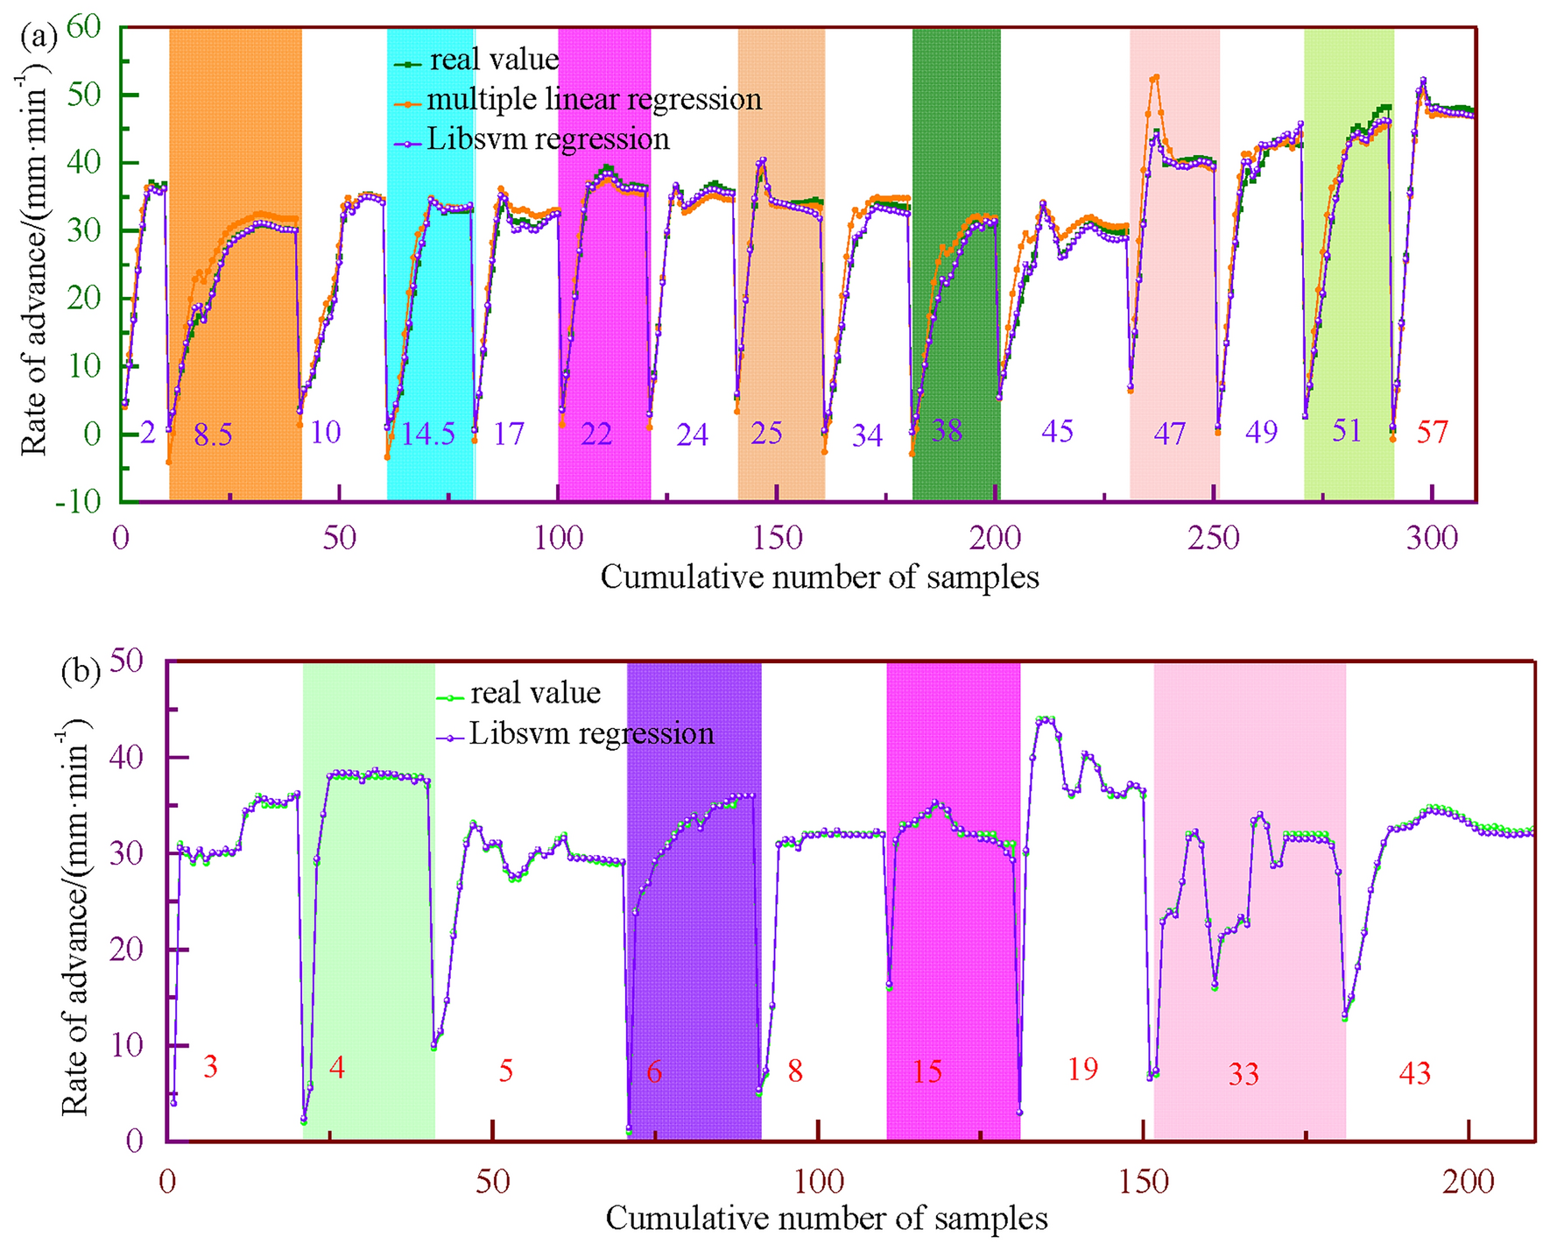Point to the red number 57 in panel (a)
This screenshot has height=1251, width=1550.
click(1433, 432)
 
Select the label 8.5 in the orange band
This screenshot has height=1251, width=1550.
click(213, 435)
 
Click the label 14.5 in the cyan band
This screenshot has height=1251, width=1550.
click(428, 434)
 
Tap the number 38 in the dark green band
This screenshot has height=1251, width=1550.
click(948, 430)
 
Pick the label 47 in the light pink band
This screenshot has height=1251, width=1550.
click(1170, 435)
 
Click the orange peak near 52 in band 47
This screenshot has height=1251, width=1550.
click(1156, 77)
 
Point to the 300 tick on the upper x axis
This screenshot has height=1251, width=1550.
click(1432, 538)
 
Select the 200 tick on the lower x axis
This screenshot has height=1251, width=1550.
click(1469, 1182)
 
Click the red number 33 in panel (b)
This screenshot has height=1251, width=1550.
click(1244, 1074)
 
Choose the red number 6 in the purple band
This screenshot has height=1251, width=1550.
click(654, 1071)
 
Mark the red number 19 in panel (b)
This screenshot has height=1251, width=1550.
click(1083, 1070)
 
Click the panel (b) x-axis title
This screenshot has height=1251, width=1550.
click(826, 1219)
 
